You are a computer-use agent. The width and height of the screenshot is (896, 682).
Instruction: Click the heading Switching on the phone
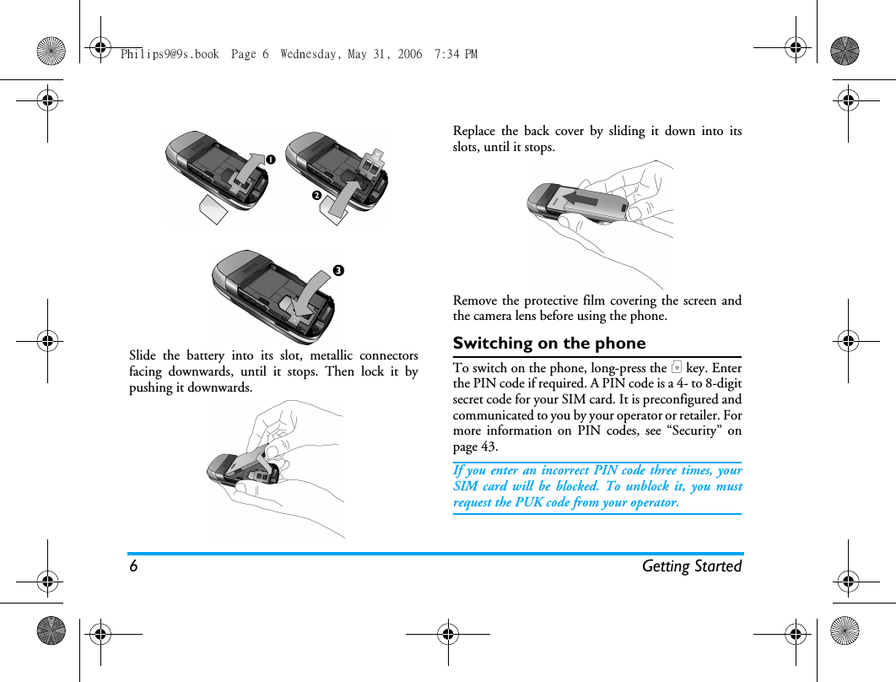[549, 344]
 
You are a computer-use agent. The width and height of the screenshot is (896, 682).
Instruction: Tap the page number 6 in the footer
[133, 566]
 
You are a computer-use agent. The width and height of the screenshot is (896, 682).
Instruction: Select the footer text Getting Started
[691, 566]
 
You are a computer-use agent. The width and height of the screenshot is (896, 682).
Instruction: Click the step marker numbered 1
[271, 159]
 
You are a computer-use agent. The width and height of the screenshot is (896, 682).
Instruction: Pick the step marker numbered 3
[337, 271]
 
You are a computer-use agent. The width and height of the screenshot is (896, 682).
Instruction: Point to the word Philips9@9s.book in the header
[170, 54]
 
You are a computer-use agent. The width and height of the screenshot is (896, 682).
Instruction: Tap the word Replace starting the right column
[474, 131]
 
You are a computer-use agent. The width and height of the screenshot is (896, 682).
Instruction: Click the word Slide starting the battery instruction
[143, 355]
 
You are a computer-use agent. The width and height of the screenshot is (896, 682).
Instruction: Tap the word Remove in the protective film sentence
[475, 300]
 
